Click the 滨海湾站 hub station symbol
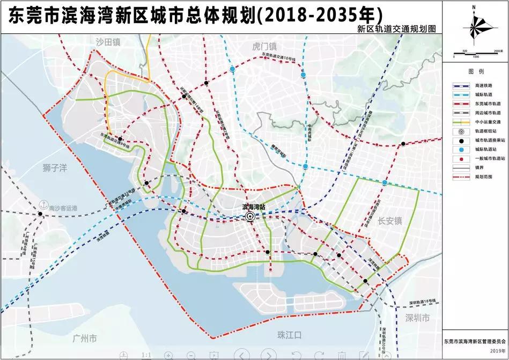(x=250, y=216)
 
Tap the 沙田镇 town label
(x=107, y=42)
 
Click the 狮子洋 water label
(x=55, y=168)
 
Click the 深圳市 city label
(x=418, y=318)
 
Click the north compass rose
(x=475, y=27)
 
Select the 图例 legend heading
(x=476, y=71)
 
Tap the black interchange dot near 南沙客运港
(x=41, y=214)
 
